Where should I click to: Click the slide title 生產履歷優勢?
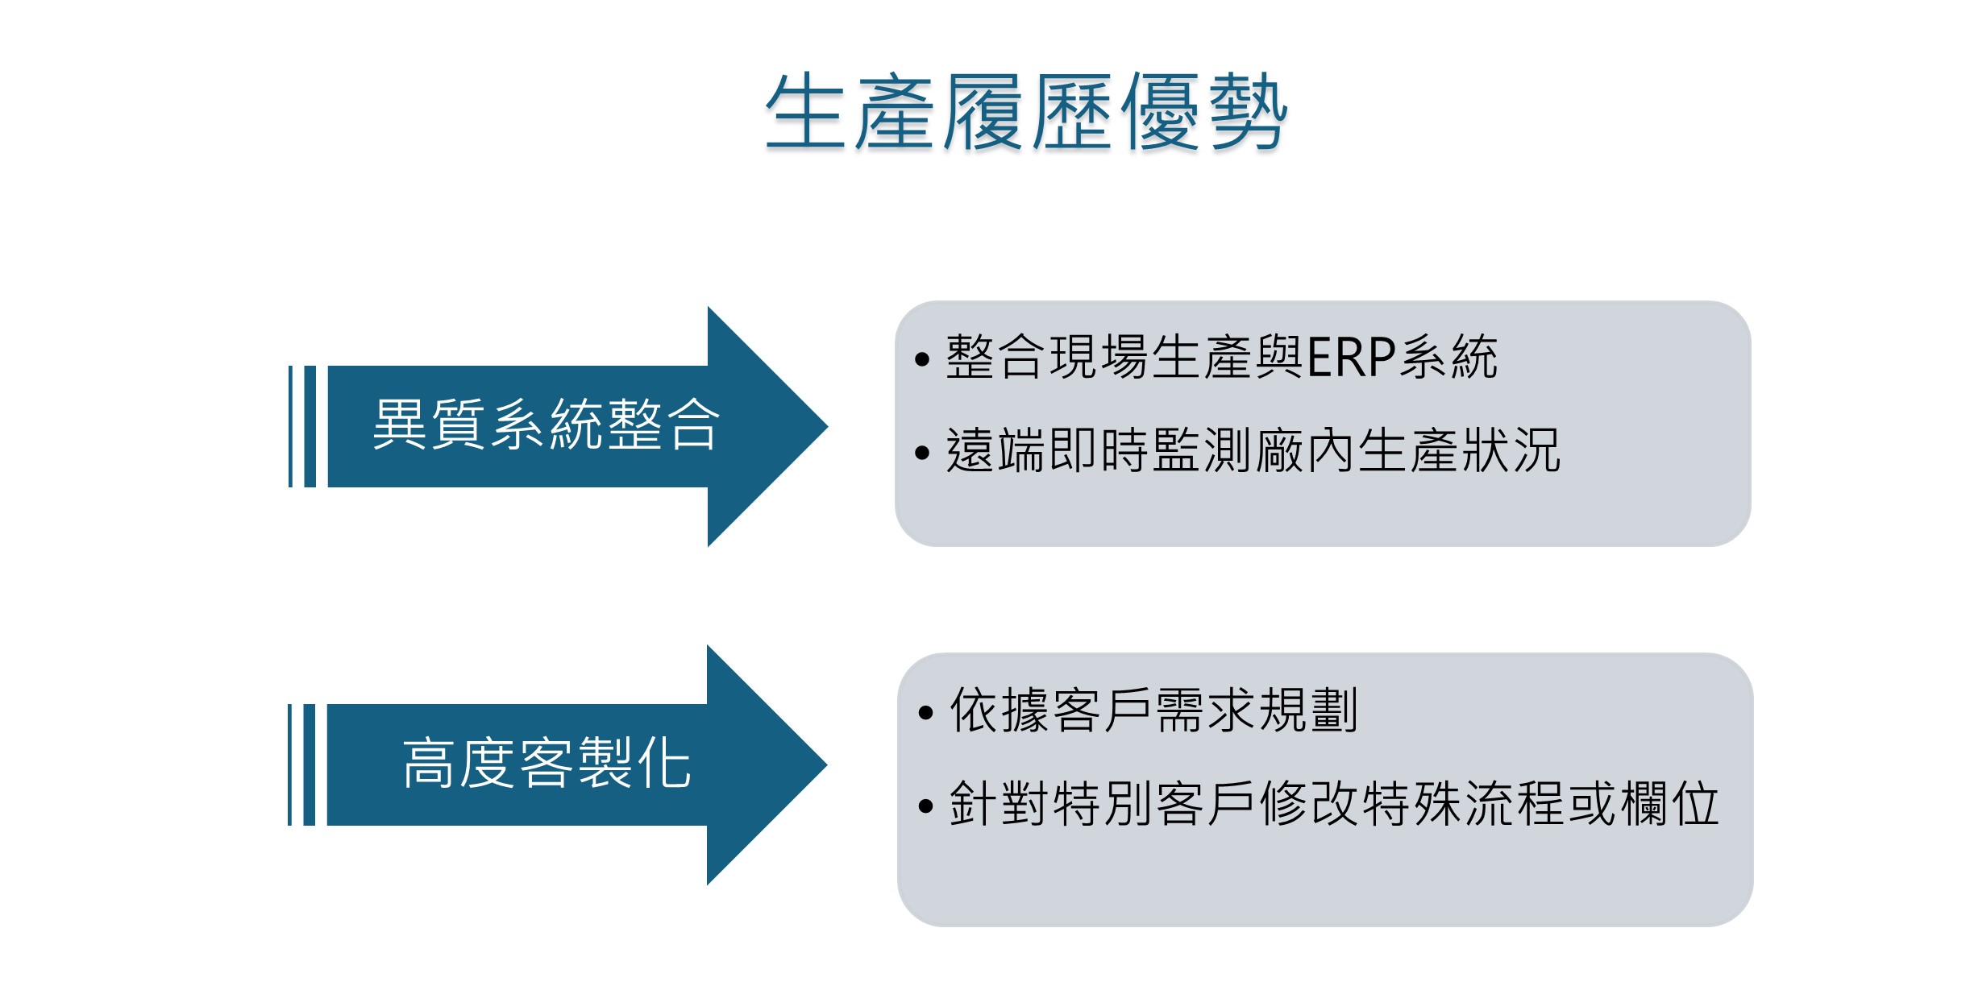pyautogui.click(x=1026, y=111)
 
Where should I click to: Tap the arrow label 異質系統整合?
pyautogui.click(x=546, y=425)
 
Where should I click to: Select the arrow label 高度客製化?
pyautogui.click(x=547, y=763)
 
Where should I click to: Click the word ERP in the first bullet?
pyautogui.click(x=1351, y=357)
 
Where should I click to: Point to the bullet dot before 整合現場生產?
pyautogui.click(x=923, y=359)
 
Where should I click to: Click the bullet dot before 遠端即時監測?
pyautogui.click(x=923, y=453)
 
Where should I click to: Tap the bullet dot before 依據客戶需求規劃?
pyautogui.click(x=925, y=712)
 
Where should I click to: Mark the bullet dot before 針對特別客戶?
pyautogui.click(x=925, y=805)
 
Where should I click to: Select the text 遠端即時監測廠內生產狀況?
pyautogui.click(x=1253, y=450)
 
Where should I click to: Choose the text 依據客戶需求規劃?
pyautogui.click(x=1153, y=710)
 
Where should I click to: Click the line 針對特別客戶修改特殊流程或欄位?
pyautogui.click(x=1334, y=803)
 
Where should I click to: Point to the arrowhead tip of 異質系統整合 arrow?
pyautogui.click(x=827, y=426)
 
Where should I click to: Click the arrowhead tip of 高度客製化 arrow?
pyautogui.click(x=826, y=764)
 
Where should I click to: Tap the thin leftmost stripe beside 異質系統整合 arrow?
pyautogui.click(x=290, y=426)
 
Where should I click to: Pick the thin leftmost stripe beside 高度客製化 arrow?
pyautogui.click(x=290, y=764)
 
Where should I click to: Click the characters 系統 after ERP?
pyautogui.click(x=1448, y=357)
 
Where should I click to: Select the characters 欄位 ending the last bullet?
pyautogui.click(x=1669, y=803)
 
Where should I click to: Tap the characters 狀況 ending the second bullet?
pyautogui.click(x=1511, y=450)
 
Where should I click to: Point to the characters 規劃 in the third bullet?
pyautogui.click(x=1308, y=710)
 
